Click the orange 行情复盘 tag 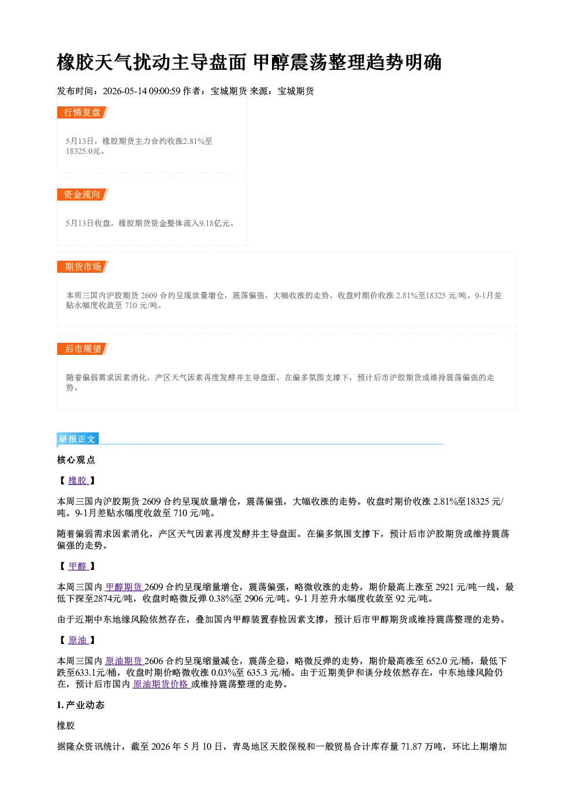[x=83, y=113]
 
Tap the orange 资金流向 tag [x=83, y=194]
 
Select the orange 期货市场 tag [x=83, y=267]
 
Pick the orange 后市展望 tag [x=83, y=349]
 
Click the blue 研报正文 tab [x=77, y=439]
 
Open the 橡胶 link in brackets [x=78, y=480]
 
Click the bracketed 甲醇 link [x=78, y=566]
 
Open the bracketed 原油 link [x=78, y=640]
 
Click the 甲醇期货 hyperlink [x=124, y=587]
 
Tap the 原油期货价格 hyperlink [x=161, y=684]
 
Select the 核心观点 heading [x=76, y=460]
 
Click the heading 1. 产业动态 [x=81, y=705]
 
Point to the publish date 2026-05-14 [x=125, y=91]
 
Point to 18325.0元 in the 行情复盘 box [x=83, y=151]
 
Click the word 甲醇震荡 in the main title [x=290, y=62]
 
